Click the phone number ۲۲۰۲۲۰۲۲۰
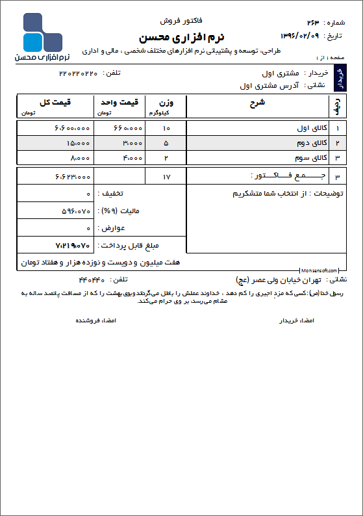click(78, 73)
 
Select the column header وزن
click(166, 102)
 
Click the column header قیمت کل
click(55, 102)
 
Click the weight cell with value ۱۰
click(166, 128)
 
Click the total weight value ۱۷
click(166, 176)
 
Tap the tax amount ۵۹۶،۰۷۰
click(75, 211)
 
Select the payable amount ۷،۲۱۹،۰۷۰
click(73, 245)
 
